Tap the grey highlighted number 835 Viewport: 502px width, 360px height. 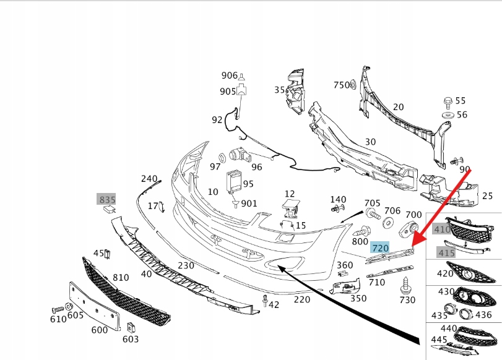pos(107,199)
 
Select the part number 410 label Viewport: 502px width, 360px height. pos(442,229)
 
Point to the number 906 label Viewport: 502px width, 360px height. pos(229,75)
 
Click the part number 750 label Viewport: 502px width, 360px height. pos(342,85)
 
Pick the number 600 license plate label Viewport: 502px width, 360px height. pos(99,330)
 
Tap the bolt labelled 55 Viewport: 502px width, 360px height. pos(447,101)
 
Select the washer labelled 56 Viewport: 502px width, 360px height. pos(447,115)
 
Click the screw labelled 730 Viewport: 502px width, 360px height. pos(407,286)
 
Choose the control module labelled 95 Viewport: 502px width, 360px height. pos(233,181)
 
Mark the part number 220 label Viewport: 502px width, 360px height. pos(301,300)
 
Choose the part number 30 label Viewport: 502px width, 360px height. pos(370,142)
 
